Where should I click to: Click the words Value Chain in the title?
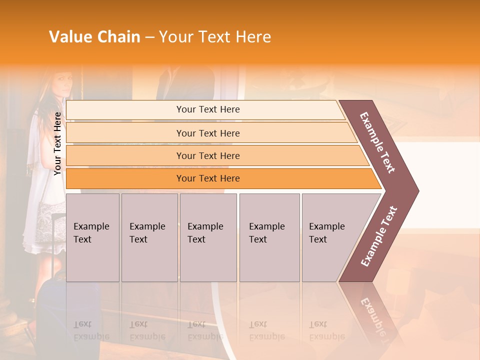[94, 37]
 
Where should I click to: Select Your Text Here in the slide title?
[215, 37]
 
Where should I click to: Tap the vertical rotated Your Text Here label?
[57, 143]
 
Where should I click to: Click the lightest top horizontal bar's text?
[208, 109]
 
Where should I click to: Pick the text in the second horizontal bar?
[208, 133]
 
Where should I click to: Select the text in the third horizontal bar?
[208, 156]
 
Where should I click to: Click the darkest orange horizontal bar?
[208, 178]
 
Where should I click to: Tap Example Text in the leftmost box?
[91, 233]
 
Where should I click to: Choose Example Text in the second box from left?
[147, 233]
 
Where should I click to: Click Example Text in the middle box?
[205, 233]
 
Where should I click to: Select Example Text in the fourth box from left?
[266, 233]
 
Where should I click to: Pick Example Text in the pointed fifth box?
[326, 233]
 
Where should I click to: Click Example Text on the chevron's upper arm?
[377, 142]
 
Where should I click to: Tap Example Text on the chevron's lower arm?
[379, 236]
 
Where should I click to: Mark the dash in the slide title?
[149, 37]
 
